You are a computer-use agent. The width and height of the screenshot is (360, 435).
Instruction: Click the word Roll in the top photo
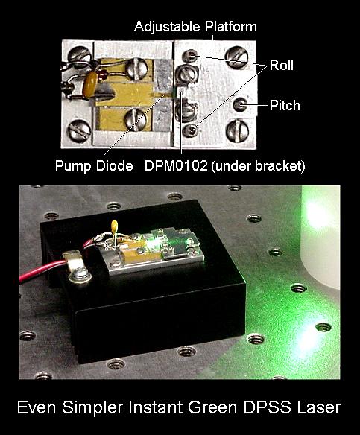tap(282, 66)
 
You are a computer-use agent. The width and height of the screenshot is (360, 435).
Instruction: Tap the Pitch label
tap(285, 106)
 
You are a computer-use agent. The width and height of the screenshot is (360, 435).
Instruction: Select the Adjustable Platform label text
tap(196, 27)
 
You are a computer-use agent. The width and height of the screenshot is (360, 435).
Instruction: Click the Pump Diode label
tap(94, 166)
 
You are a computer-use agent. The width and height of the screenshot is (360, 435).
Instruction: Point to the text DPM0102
tap(176, 165)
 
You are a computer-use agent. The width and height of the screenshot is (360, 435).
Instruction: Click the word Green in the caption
tap(212, 407)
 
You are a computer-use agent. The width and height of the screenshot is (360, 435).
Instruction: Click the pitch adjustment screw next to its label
tap(240, 104)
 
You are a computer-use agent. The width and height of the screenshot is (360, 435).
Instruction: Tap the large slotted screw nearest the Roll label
tap(237, 57)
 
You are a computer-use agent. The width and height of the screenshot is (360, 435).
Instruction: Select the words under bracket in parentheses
tap(258, 166)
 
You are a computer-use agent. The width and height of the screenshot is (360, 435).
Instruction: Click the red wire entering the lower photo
tap(42, 270)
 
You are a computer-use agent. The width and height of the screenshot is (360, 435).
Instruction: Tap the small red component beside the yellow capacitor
tap(103, 74)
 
